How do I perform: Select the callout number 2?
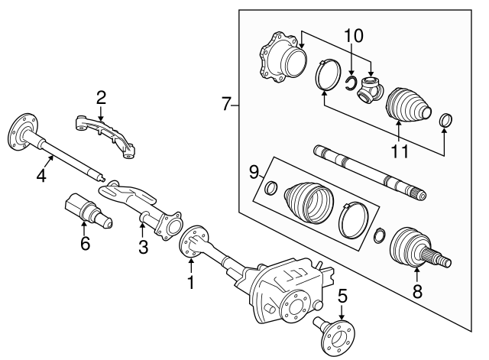[x=100, y=97]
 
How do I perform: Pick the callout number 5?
[x=342, y=294]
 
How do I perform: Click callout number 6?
[x=85, y=244]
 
